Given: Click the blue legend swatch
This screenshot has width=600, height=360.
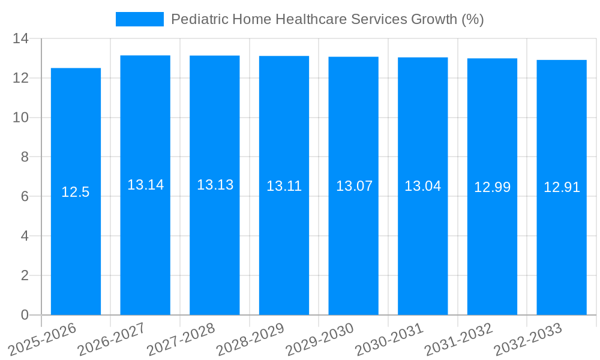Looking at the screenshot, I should (x=139, y=19).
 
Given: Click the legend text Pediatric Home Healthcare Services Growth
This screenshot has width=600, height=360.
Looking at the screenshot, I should (x=327, y=19).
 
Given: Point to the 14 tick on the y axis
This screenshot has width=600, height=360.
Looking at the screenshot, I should (x=21, y=39).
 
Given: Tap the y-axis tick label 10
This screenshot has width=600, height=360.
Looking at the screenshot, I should (x=21, y=118).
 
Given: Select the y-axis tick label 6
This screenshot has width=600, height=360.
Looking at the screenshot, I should (x=25, y=197).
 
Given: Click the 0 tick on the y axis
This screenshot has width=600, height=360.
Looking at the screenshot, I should (x=25, y=315).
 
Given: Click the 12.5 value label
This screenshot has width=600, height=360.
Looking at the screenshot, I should (x=76, y=192).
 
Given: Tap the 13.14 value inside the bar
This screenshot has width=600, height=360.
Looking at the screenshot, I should (x=145, y=185).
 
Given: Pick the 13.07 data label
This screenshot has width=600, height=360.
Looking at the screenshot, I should (x=354, y=186).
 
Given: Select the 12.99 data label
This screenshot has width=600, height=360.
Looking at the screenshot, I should (x=492, y=187).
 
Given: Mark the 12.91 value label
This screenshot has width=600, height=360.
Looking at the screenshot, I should (x=562, y=187).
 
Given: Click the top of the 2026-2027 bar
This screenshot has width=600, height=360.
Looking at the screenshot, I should (x=145, y=56).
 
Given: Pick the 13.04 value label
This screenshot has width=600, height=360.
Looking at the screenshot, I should (x=422, y=186).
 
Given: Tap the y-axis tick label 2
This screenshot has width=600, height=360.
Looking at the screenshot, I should (x=25, y=275).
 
